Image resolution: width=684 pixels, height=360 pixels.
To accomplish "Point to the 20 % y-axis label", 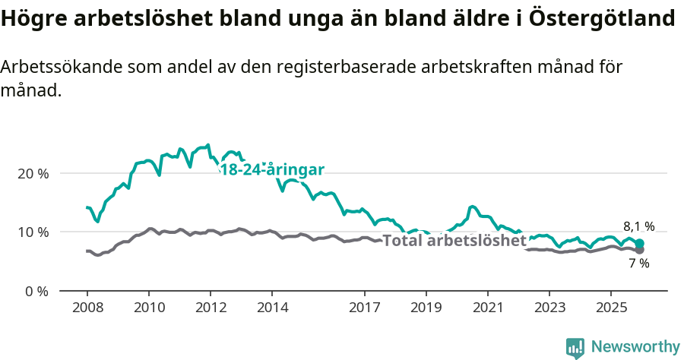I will [33, 173].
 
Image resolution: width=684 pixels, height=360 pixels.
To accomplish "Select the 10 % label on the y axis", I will [33, 232].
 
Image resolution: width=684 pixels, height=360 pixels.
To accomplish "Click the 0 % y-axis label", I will [36, 291].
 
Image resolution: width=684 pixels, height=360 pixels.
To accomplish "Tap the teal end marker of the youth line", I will [639, 243].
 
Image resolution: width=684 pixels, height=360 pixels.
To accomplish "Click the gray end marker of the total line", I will [639, 250].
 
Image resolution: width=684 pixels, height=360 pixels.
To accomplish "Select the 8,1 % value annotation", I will [638, 226].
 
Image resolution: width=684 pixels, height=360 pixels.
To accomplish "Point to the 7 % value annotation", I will [639, 264].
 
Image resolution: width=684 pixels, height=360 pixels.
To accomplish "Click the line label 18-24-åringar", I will [271, 170].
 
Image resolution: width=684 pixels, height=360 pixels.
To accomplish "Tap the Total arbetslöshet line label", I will [454, 241].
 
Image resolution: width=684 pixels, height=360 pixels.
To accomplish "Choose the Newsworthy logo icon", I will [575, 348].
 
